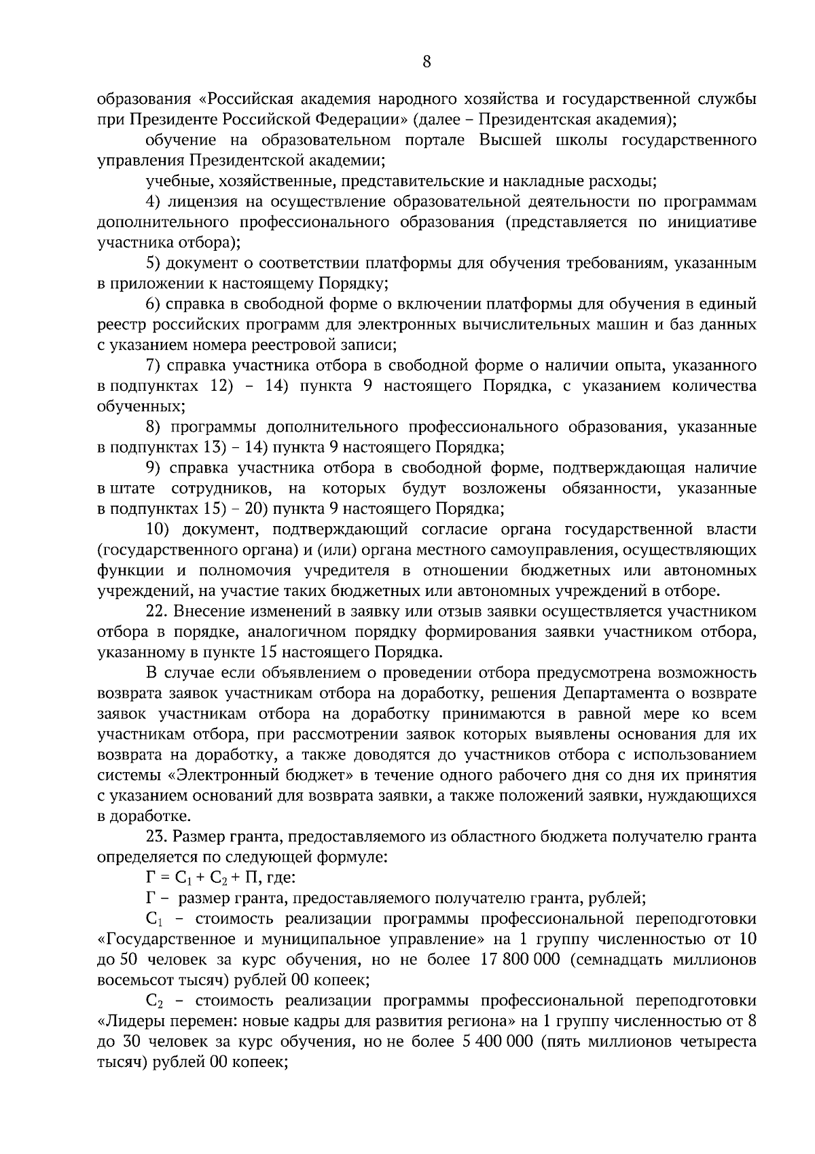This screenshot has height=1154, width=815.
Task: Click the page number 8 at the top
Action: point(427,62)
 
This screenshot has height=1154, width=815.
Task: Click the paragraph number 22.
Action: point(156,611)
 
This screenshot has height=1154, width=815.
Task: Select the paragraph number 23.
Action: point(156,837)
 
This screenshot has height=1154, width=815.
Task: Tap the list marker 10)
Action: point(160,529)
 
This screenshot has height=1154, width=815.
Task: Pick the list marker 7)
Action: point(153,366)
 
